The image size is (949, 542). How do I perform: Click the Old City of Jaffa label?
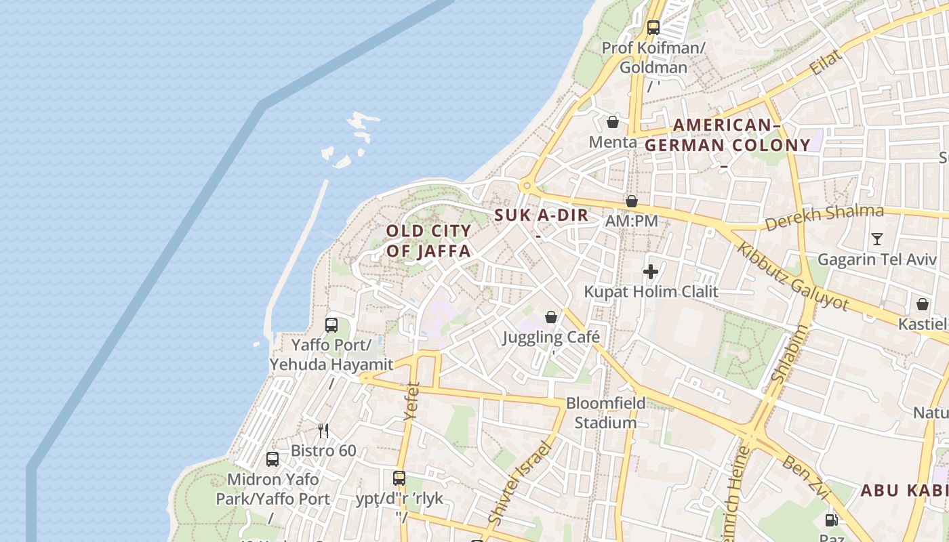[428, 241]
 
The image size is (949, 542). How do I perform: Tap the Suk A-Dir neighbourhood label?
[542, 216]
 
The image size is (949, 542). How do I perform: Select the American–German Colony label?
[727, 135]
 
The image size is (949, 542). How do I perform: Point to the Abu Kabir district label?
[904, 491]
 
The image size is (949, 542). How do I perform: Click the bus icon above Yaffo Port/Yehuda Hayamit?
[331, 325]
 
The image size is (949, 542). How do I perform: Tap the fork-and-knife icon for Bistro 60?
[323, 430]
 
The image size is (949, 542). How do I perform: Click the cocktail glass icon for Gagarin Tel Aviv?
[876, 238]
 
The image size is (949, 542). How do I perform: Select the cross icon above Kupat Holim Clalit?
[651, 272]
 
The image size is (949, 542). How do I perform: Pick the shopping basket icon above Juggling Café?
[551, 317]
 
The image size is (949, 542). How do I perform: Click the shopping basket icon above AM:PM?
[632, 201]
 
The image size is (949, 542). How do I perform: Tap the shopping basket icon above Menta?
[613, 122]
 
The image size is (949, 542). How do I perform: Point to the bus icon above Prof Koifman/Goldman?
[653, 28]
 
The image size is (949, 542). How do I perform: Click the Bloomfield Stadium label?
[606, 413]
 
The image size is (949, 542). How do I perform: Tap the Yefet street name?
[411, 401]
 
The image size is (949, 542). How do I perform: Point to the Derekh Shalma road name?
[824, 217]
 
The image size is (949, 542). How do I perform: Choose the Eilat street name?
[826, 62]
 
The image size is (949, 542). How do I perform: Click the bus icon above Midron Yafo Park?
[272, 459]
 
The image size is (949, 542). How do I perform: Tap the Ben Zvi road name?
[805, 477]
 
